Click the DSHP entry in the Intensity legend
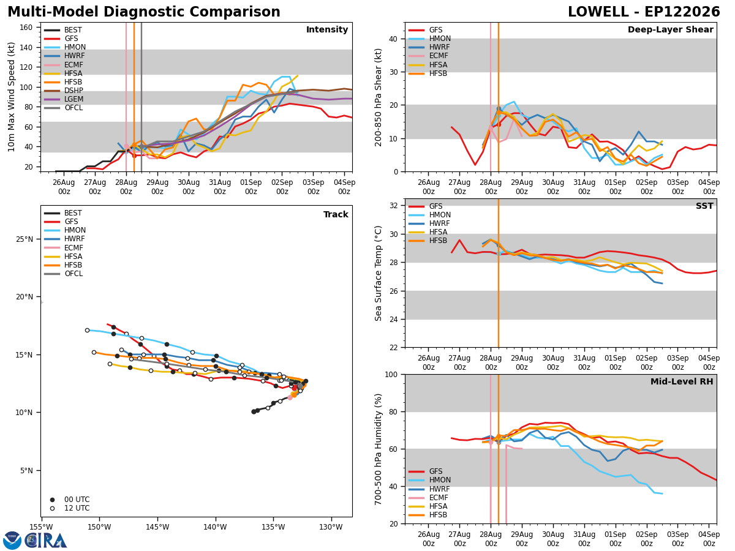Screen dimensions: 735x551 [x=64, y=91]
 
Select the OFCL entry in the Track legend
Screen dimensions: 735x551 [x=64, y=273]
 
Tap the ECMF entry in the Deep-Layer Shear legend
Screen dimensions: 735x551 [x=428, y=56]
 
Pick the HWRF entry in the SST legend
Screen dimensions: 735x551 [x=429, y=223]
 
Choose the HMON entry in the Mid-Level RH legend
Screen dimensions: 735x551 [x=429, y=480]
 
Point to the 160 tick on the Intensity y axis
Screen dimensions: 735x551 [x=26, y=28]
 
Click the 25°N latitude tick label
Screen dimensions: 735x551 [x=24, y=239]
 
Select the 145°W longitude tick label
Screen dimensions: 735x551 [x=157, y=527]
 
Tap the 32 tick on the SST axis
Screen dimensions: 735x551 [x=394, y=206]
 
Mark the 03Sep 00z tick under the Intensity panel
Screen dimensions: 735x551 [x=314, y=187]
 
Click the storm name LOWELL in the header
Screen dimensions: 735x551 [x=598, y=12]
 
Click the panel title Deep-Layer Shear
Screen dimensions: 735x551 [x=670, y=29]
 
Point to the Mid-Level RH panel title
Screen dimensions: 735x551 [x=682, y=381]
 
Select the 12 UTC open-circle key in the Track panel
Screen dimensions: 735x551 [x=70, y=508]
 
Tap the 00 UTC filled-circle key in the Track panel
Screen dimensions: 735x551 [x=70, y=500]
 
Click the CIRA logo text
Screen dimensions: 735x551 [x=45, y=541]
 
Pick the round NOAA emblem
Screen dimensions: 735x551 [x=12, y=541]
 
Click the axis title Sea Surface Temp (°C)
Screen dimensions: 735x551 [x=378, y=273]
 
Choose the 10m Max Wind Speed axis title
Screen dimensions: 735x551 [x=11, y=97]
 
